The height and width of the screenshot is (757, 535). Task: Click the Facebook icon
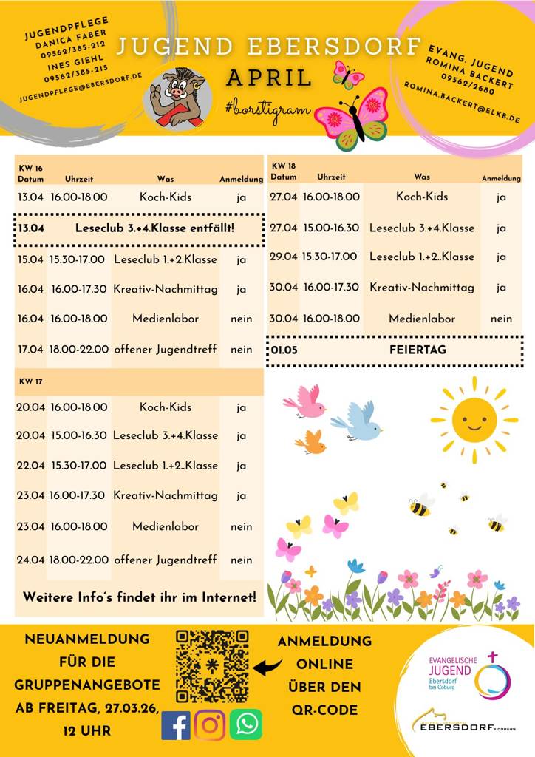pos(176,724)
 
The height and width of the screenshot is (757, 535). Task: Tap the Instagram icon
pos(210,724)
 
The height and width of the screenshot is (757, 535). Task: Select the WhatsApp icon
pos(245,724)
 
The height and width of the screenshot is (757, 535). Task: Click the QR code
pos(211,666)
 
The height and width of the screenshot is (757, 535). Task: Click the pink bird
pos(305,401)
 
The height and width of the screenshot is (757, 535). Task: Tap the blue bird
pos(358,422)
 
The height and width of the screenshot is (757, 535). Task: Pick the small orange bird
pos(311,442)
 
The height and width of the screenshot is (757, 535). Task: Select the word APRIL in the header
pos(269,78)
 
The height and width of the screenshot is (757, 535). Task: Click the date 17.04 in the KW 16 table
pos(31,349)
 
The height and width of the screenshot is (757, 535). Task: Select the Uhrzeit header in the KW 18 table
pos(331,177)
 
